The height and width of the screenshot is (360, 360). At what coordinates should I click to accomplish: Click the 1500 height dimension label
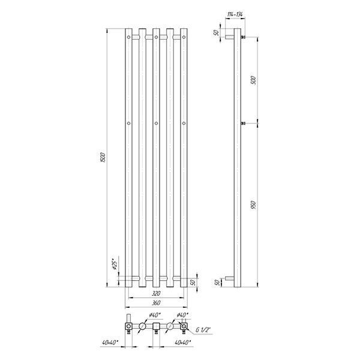coord(103,157)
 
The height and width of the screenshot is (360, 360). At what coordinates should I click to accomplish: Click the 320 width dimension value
coord(156,293)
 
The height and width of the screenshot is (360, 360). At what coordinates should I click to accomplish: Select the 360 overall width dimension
coord(156,303)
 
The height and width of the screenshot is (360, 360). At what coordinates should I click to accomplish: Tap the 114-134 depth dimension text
coord(235,14)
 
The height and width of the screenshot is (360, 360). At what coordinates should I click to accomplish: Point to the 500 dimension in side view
coord(253,80)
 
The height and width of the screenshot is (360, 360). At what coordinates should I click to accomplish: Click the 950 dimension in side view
coord(253,205)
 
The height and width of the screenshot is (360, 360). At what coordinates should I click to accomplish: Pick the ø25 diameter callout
coord(115,264)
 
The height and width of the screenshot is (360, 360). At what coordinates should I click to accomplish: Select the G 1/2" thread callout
coord(203,330)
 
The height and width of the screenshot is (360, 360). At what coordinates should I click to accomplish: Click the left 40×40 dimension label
coord(110,343)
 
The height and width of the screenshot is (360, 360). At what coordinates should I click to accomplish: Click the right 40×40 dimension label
coord(183,343)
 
